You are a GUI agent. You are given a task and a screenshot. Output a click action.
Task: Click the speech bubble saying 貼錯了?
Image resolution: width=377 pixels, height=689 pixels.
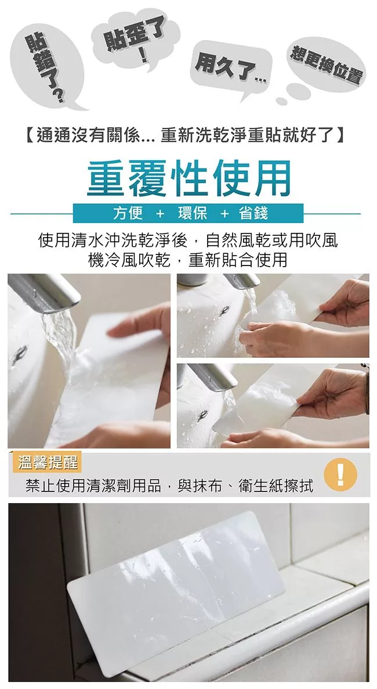[x=48, y=66]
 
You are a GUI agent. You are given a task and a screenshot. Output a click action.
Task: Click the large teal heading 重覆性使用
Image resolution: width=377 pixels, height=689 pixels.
[x=188, y=178]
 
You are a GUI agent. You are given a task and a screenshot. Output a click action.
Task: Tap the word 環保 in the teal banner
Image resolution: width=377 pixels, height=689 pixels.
[x=192, y=213]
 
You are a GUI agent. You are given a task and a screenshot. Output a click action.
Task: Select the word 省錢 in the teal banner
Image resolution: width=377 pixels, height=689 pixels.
[x=253, y=213]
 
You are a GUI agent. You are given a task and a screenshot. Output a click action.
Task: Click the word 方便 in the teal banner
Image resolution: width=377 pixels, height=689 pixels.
[x=128, y=213]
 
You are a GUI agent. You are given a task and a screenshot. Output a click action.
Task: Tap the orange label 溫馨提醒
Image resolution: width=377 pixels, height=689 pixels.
[x=47, y=462]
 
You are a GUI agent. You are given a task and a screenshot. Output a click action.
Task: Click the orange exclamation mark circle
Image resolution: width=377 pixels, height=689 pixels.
[x=340, y=475]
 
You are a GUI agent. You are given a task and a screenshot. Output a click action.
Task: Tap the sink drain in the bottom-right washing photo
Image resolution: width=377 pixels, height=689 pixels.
[x=202, y=415]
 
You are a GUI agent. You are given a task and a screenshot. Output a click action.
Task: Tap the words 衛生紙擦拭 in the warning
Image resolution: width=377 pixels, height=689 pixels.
[x=276, y=486]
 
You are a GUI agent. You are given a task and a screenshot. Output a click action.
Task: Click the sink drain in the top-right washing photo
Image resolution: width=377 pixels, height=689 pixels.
[x=224, y=311]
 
